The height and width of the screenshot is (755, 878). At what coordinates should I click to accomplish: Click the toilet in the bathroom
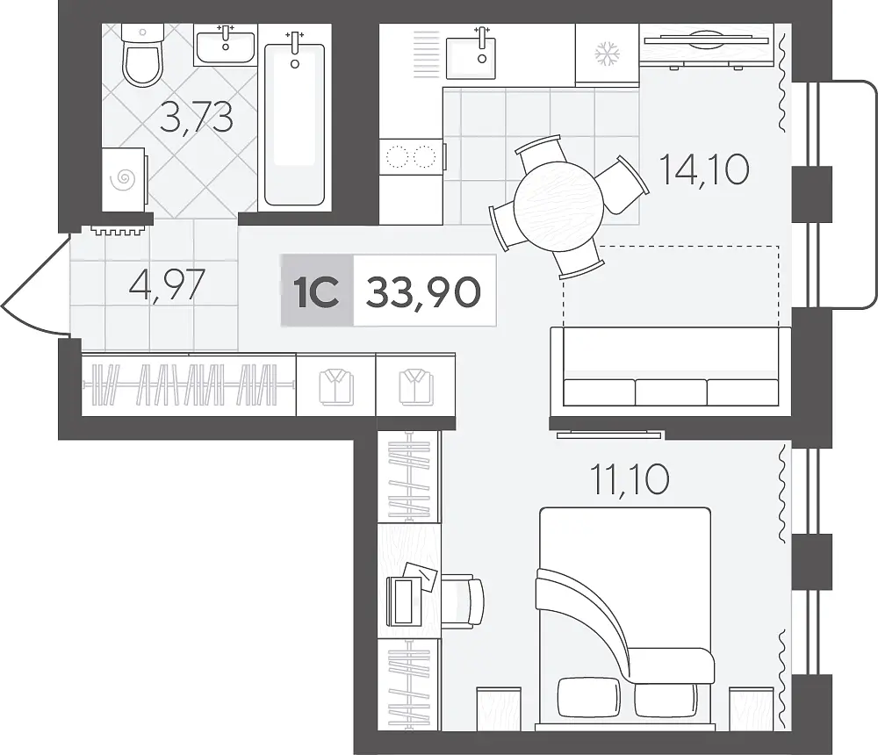click(143, 55)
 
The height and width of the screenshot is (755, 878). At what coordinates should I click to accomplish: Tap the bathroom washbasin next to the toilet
click(225, 46)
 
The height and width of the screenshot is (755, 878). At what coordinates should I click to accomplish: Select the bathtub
click(294, 120)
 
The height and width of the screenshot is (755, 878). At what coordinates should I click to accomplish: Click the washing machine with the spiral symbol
click(124, 179)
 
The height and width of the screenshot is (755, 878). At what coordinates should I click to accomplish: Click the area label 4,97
click(167, 285)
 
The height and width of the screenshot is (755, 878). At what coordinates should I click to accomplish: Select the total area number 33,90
click(423, 291)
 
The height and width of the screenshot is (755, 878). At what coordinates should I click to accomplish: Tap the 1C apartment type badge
click(317, 291)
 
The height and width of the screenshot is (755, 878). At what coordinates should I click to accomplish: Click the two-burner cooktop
click(412, 157)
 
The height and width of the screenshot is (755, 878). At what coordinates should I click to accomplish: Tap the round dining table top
click(558, 206)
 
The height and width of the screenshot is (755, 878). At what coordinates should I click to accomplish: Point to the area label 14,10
click(704, 169)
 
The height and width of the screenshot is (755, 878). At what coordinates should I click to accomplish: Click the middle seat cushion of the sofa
click(671, 392)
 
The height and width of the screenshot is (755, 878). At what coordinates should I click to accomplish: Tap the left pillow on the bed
click(589, 696)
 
